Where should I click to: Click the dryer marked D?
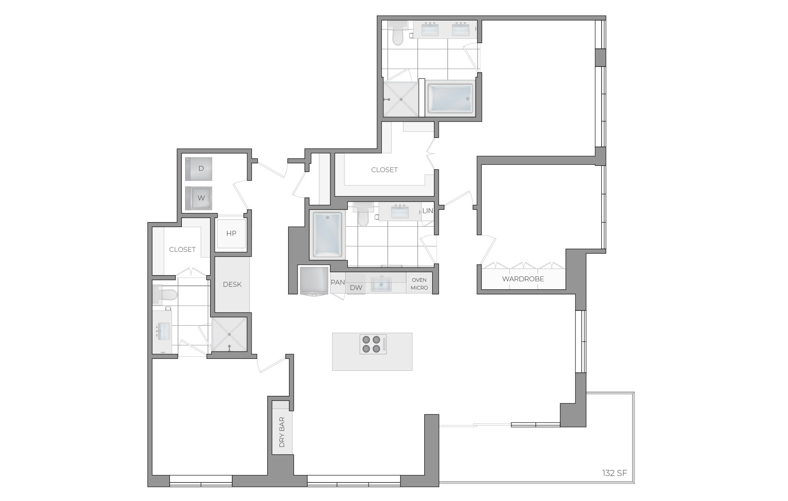(x=199, y=169)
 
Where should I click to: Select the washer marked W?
(x=199, y=198)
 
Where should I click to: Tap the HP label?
(x=231, y=233)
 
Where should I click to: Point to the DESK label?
(x=232, y=284)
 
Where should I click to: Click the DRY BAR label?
(x=282, y=432)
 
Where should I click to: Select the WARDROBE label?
(x=523, y=279)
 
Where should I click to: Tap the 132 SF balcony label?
(x=614, y=473)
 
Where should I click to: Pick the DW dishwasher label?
(x=356, y=287)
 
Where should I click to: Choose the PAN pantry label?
(x=338, y=283)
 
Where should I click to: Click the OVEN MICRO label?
(x=419, y=284)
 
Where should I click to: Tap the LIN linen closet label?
(x=428, y=211)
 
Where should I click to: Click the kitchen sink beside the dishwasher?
(x=381, y=284)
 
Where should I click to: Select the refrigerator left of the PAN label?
(x=314, y=281)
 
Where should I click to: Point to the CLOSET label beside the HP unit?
(x=182, y=249)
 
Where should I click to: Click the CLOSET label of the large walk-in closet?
(x=384, y=170)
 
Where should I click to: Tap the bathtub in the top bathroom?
(x=450, y=99)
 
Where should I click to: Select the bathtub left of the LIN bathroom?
(x=327, y=234)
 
